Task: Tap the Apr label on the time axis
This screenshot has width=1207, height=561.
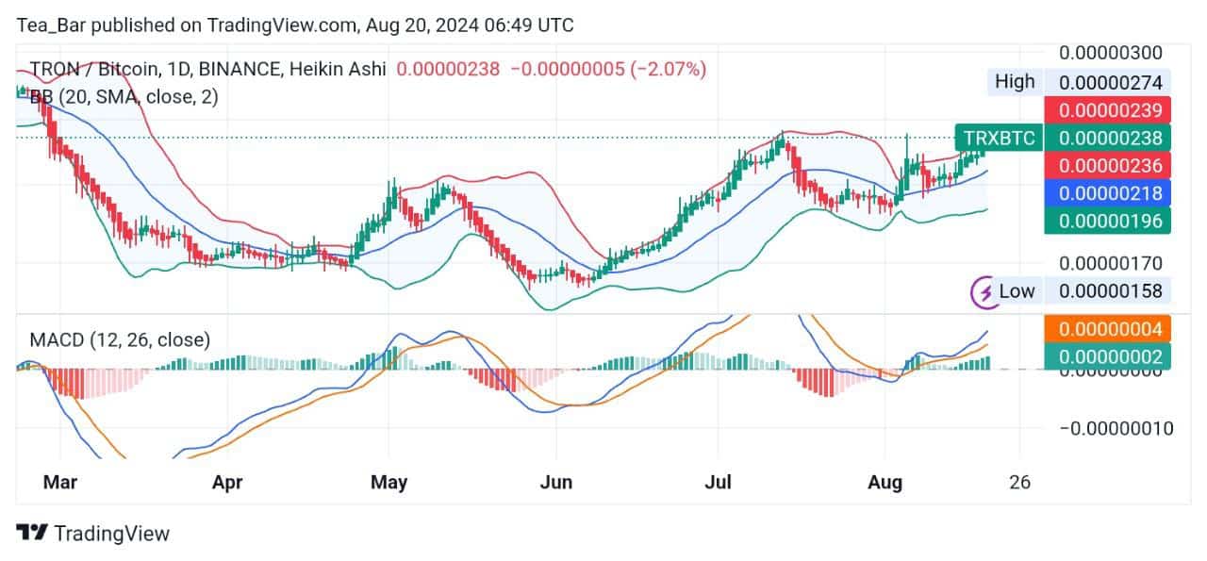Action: (x=227, y=483)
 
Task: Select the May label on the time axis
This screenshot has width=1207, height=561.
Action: (x=389, y=483)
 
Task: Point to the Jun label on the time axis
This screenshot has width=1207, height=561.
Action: (x=556, y=483)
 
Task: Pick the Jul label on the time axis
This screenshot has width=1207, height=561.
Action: (x=720, y=483)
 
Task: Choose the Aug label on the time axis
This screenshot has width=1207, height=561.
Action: (x=885, y=483)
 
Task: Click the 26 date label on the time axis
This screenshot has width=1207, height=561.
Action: (x=1019, y=483)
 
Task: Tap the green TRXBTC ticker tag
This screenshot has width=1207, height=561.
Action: (x=999, y=139)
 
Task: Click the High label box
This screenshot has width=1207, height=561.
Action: (x=1015, y=82)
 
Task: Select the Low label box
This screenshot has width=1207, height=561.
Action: (x=1017, y=291)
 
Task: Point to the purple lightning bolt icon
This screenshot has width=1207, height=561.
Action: (x=985, y=291)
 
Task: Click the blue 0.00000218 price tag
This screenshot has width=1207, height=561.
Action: (x=1114, y=193)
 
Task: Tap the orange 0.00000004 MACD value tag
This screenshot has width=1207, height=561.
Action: (x=1114, y=329)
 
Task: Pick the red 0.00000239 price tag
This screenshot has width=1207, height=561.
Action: (x=1114, y=109)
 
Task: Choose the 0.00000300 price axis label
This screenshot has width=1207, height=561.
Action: (x=1110, y=53)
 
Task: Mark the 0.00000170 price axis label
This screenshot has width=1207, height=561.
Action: (x=1110, y=263)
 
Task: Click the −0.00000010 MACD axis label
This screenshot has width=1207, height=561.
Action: (x=1116, y=428)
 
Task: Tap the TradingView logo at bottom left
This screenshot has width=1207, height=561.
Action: (x=93, y=534)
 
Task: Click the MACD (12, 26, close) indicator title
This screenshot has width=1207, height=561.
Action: (x=119, y=339)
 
